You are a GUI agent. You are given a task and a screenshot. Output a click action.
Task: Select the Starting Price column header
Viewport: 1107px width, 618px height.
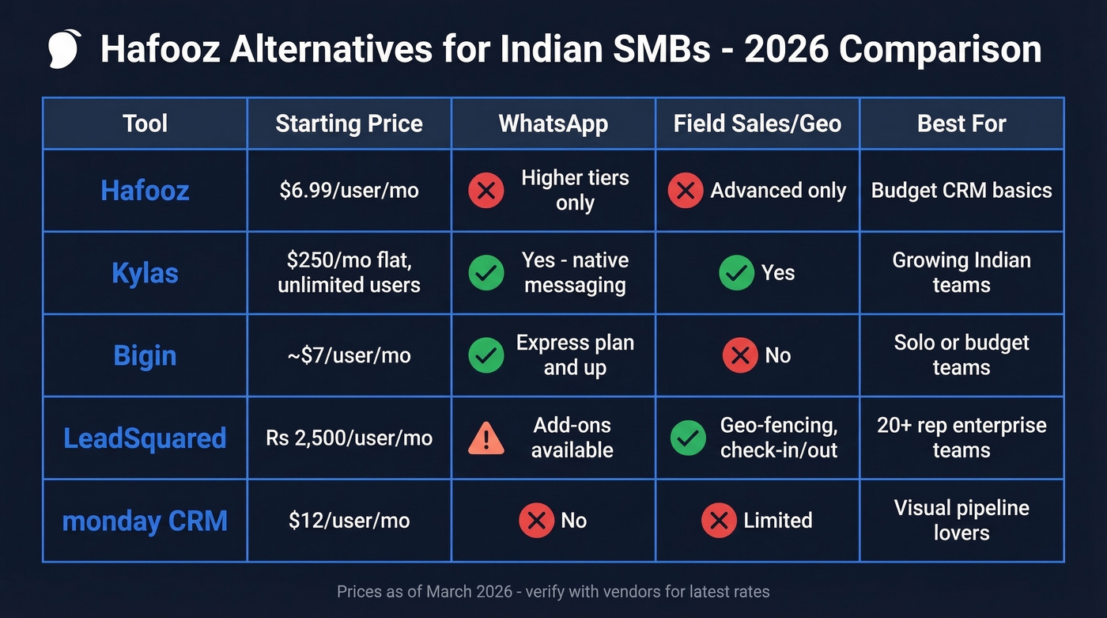[x=349, y=123]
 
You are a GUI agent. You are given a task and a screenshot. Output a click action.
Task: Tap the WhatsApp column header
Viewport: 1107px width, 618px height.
[x=553, y=123]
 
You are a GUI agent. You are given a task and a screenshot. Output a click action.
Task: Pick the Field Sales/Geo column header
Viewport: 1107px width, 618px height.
[x=757, y=123]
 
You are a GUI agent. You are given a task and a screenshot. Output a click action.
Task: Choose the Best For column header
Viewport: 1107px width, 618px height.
[x=962, y=123]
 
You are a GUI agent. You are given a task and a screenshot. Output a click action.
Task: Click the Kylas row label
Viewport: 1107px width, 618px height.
[x=145, y=273]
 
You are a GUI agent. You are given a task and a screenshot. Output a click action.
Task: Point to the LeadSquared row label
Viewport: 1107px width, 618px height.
[x=145, y=438]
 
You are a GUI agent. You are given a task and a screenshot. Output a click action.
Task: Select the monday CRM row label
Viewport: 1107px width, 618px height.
[x=145, y=521]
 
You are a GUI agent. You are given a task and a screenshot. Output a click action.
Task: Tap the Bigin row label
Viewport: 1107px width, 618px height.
[x=145, y=355]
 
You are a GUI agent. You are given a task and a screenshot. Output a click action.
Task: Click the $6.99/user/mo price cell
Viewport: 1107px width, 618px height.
[x=349, y=191]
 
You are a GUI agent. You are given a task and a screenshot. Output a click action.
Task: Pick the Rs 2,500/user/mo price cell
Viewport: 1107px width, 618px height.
[x=349, y=438]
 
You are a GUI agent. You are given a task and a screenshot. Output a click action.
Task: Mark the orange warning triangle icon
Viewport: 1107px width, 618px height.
[x=486, y=438]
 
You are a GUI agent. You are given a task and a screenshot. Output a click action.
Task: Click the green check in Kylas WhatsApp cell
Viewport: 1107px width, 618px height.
[x=486, y=273]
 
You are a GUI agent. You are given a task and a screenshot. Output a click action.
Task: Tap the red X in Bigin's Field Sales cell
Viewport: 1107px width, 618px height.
[x=740, y=355]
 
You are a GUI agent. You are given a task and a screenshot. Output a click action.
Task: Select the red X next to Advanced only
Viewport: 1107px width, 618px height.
[x=686, y=191]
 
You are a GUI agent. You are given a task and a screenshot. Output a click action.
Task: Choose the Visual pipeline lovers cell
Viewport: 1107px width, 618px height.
[x=962, y=520]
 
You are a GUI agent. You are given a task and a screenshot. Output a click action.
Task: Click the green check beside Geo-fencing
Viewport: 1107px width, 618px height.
[x=688, y=438]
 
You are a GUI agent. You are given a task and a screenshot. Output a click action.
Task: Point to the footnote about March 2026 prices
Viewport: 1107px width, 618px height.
[x=553, y=591]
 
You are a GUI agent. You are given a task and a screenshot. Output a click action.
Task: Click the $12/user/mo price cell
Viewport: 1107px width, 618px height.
[x=349, y=521]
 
